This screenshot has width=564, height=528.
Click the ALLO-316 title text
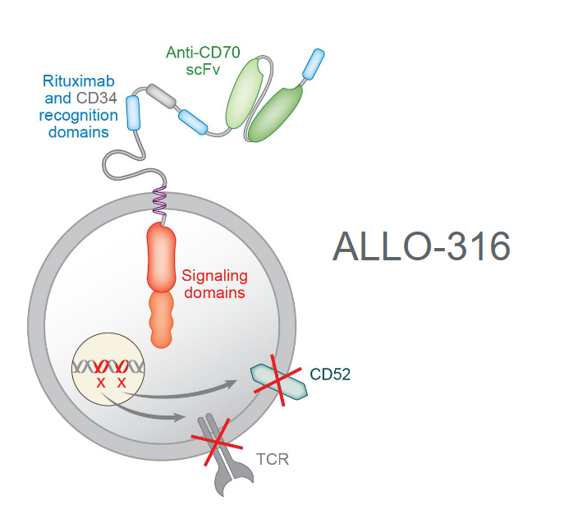tap(421, 246)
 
